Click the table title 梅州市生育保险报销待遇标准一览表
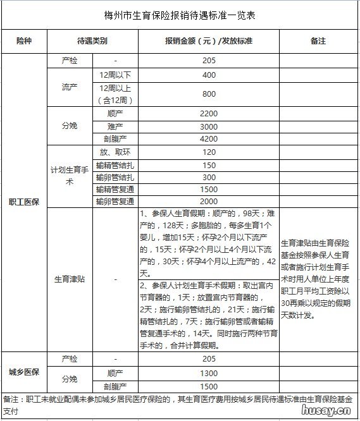(x=180, y=14)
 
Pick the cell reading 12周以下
(x=116, y=75)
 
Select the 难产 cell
(x=116, y=126)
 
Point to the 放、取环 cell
(x=116, y=152)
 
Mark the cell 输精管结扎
(x=116, y=165)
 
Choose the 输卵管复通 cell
(x=116, y=201)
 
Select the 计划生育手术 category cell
(x=70, y=176)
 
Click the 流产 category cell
(x=70, y=85)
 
